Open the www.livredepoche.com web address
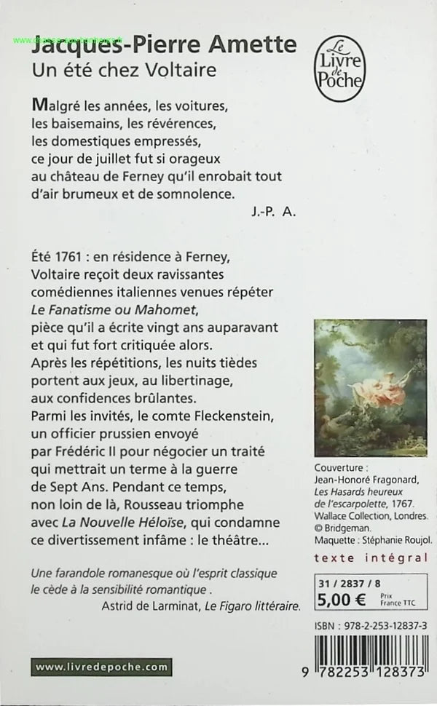tap(101, 667)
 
